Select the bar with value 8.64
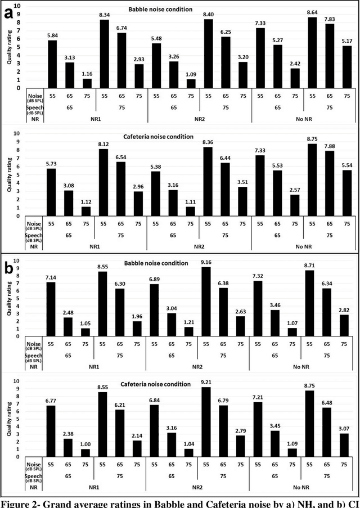(312, 56)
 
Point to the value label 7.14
(52, 277)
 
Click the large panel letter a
(8, 14)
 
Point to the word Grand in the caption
(71, 502)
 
